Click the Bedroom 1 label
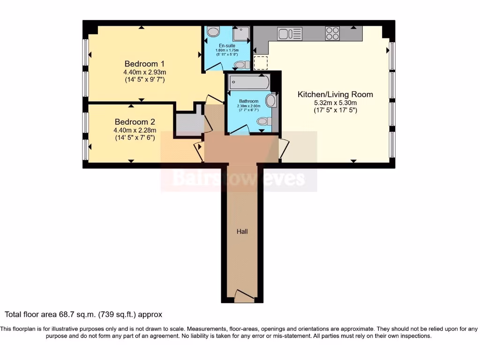click(144, 64)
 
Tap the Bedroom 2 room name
click(135, 120)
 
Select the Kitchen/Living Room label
click(335, 94)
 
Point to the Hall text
click(242, 232)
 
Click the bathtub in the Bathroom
click(249, 82)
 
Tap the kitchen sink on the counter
click(289, 33)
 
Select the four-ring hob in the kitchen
click(332, 33)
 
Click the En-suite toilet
click(241, 65)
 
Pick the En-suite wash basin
click(213, 32)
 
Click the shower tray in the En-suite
click(241, 33)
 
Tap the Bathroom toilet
click(264, 121)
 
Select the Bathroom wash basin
click(271, 100)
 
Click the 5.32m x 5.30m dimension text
click(335, 103)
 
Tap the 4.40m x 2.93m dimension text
click(144, 72)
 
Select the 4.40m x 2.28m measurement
click(135, 130)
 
